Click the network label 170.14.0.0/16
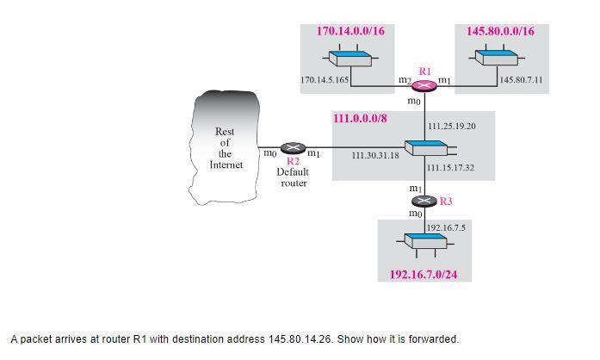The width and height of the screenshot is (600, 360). tap(350, 31)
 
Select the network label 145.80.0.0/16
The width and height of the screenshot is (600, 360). tap(500, 31)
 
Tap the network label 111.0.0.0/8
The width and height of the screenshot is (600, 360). tap(366, 117)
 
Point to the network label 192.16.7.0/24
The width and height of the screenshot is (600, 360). tap(424, 275)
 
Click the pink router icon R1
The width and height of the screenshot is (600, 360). tap(424, 84)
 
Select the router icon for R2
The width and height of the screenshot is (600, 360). tap(294, 148)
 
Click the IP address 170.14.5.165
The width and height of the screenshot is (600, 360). tap(325, 79)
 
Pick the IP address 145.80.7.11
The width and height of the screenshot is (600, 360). tap(521, 79)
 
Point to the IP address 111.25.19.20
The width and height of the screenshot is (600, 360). tap(451, 127)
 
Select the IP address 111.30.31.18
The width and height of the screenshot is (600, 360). tap(375, 155)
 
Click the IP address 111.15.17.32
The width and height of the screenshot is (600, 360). tap(451, 167)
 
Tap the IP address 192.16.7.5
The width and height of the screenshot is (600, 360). tap(446, 227)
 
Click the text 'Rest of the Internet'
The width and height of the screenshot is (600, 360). tap(225, 148)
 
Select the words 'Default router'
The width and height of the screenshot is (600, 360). tap(293, 177)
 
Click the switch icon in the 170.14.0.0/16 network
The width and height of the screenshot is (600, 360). tap(349, 57)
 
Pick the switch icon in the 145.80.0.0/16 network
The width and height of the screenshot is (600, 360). tap(498, 57)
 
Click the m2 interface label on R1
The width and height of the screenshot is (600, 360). tap(404, 79)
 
